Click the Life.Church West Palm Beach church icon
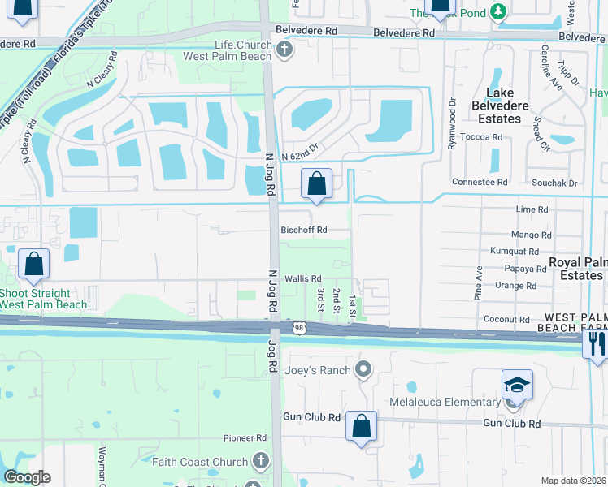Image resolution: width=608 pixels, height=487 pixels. pyautogui.click(x=284, y=50)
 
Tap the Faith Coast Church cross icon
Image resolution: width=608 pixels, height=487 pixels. pyautogui.click(x=260, y=462)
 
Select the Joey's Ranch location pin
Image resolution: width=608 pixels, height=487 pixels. pyautogui.click(x=363, y=370)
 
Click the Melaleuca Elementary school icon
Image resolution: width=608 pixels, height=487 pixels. pyautogui.click(x=517, y=386)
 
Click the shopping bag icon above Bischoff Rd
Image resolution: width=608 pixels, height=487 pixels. pyautogui.click(x=317, y=184)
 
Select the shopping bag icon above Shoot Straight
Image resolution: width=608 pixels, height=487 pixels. pyautogui.click(x=34, y=264)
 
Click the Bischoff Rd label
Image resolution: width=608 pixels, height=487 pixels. pyautogui.click(x=303, y=230)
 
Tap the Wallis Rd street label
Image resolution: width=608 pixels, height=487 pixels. pyautogui.click(x=303, y=278)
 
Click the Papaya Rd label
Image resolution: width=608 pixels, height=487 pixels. pyautogui.click(x=525, y=269)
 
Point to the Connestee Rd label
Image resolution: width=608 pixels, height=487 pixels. pyautogui.click(x=480, y=182)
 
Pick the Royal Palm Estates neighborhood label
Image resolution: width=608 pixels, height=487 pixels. pyautogui.click(x=578, y=269)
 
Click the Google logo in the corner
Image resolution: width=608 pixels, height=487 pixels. pyautogui.click(x=27, y=477)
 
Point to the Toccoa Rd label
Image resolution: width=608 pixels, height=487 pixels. pyautogui.click(x=480, y=138)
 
